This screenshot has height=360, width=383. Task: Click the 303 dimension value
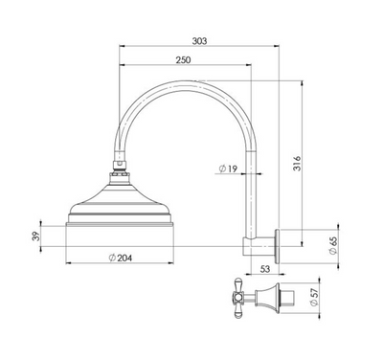click(199, 41)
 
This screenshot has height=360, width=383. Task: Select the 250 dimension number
click(183, 60)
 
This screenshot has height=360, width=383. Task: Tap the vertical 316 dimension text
click(297, 163)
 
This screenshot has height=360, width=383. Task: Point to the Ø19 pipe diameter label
click(228, 169)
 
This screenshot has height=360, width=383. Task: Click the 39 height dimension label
click(36, 236)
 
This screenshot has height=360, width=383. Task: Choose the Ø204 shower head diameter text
click(121, 258)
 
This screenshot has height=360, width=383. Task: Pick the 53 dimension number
click(265, 269)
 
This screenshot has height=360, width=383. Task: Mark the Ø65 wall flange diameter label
click(332, 246)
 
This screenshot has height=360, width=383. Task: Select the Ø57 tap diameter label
click(314, 298)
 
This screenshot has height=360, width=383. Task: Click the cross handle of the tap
click(237, 298)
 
